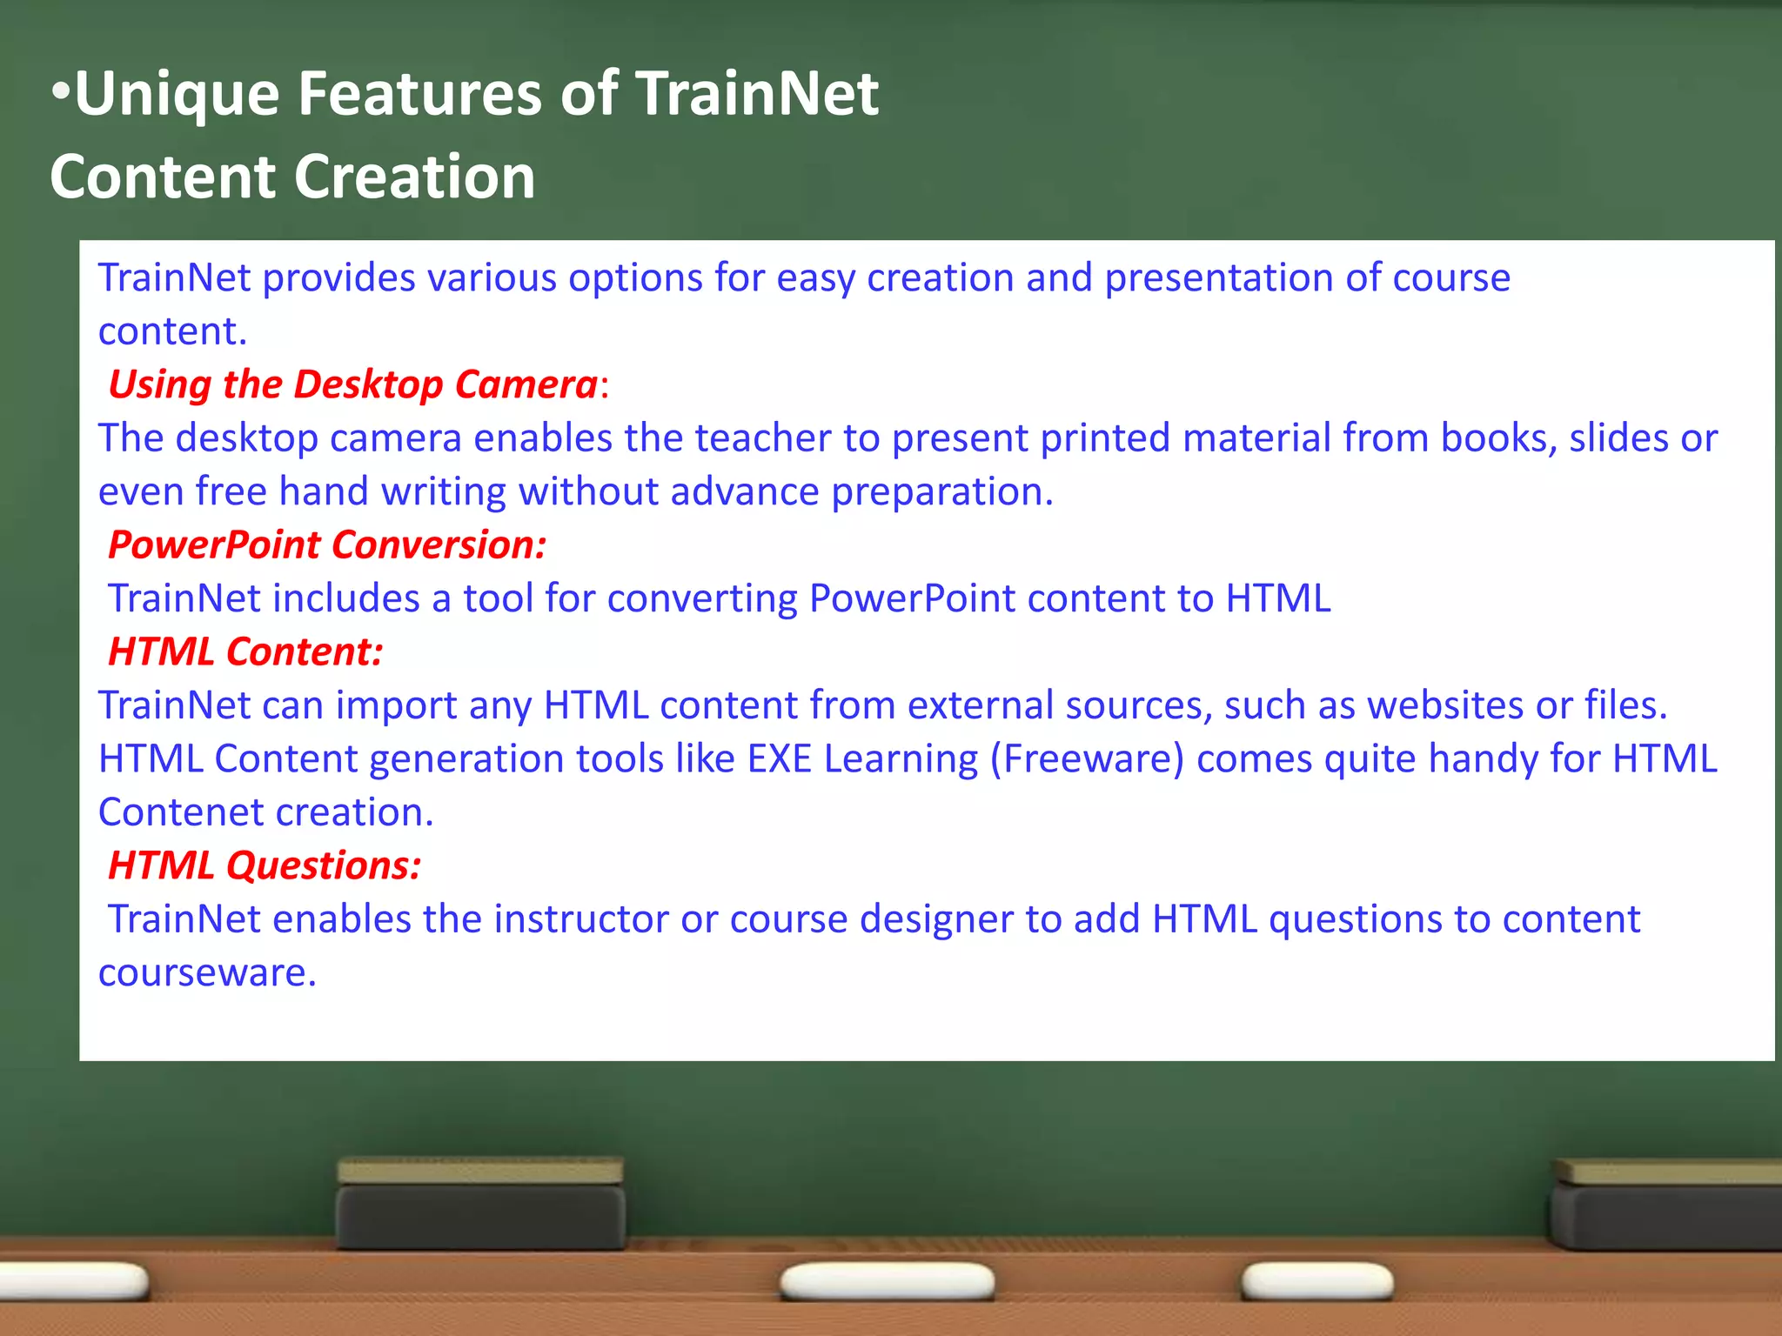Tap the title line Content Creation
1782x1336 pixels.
click(292, 177)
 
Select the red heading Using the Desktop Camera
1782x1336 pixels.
click(352, 384)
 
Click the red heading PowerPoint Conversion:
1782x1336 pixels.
click(327, 545)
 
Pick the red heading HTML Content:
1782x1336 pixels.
click(245, 652)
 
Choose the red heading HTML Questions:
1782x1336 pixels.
click(265, 865)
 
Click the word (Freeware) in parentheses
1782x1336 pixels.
click(1087, 759)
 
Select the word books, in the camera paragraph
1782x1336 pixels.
click(1498, 438)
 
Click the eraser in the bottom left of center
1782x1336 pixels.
click(480, 1205)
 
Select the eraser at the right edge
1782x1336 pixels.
click(1666, 1205)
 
